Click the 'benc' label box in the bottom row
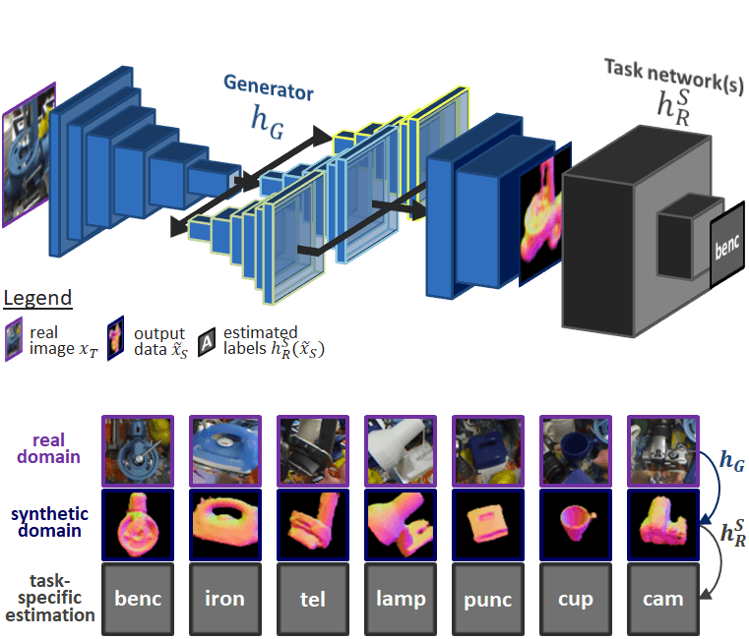pos(137,598)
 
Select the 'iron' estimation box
pos(224,598)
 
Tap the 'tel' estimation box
pos(312,598)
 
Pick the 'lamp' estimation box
pos(400,598)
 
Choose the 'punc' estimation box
pos(487,598)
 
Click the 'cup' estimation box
pos(575,598)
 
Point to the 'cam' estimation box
pos(662,598)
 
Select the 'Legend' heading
pos(37,298)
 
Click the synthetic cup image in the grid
pos(575,522)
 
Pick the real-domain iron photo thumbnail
pos(224,448)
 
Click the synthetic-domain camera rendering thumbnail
pos(662,522)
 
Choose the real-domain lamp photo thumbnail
pos(400,448)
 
